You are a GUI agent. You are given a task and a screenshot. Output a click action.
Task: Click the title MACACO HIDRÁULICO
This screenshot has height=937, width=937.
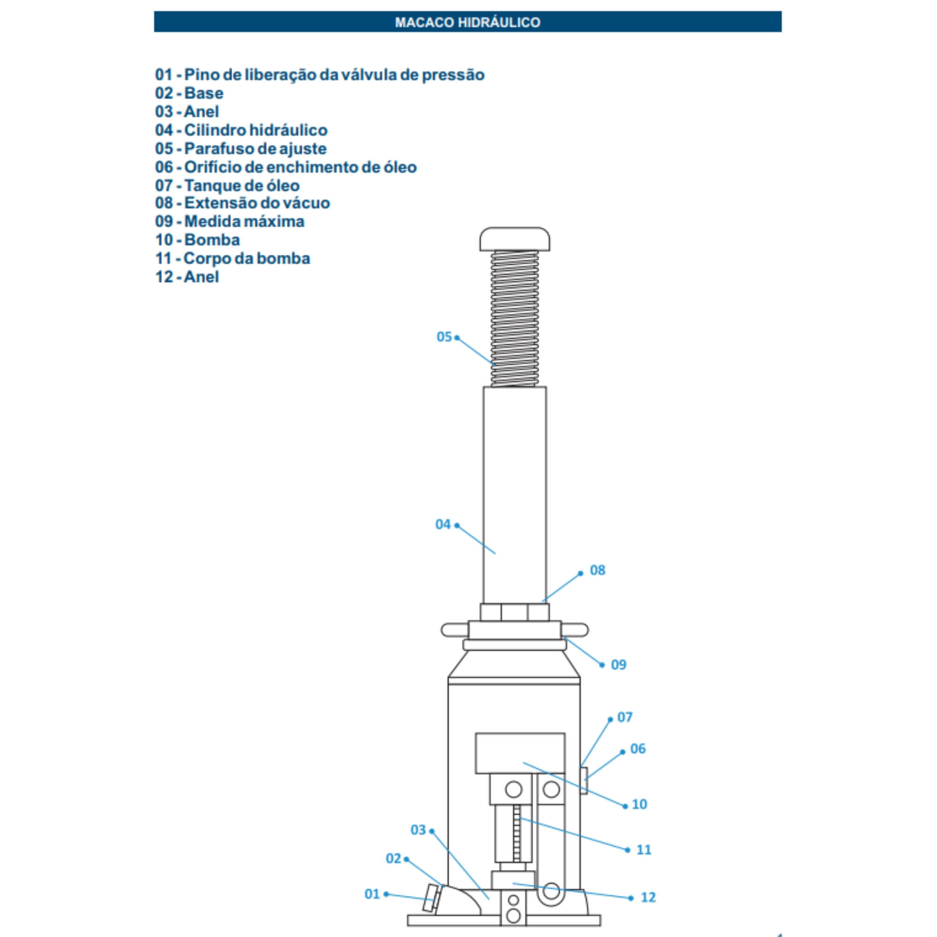point(468,22)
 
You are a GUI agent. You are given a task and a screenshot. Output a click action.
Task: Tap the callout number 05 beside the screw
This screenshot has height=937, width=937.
point(444,336)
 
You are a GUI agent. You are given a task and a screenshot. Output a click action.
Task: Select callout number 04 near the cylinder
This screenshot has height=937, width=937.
point(443,524)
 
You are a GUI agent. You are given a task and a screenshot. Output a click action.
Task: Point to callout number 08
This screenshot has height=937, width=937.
point(597,570)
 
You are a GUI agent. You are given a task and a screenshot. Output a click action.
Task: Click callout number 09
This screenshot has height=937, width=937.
point(618,664)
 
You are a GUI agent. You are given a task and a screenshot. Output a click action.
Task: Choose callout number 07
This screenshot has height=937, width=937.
point(625,717)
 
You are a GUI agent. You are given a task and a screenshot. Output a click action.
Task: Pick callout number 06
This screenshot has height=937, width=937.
point(638,749)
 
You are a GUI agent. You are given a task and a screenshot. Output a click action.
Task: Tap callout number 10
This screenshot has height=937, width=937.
point(639,804)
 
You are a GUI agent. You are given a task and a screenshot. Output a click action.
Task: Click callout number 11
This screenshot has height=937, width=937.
point(644,850)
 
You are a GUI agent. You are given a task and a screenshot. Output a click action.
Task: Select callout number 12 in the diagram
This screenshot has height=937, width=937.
point(648,898)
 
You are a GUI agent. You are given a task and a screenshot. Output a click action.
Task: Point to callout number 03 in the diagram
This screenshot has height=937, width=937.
point(418,830)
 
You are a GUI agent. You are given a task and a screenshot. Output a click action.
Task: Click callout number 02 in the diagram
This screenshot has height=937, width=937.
point(394,858)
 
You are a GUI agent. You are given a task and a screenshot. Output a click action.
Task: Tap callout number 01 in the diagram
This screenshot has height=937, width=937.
point(372,894)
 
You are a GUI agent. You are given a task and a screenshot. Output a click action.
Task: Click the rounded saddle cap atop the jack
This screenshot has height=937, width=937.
point(514,239)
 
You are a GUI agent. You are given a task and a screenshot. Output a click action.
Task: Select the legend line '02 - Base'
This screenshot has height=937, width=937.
point(189,93)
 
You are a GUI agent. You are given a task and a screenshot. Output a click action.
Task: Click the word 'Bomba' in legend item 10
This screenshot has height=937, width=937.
point(212,239)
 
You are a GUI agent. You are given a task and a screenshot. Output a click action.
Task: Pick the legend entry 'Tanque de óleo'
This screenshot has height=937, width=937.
point(242,185)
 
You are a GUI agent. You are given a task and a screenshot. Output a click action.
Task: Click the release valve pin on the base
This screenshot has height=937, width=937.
point(430,898)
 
